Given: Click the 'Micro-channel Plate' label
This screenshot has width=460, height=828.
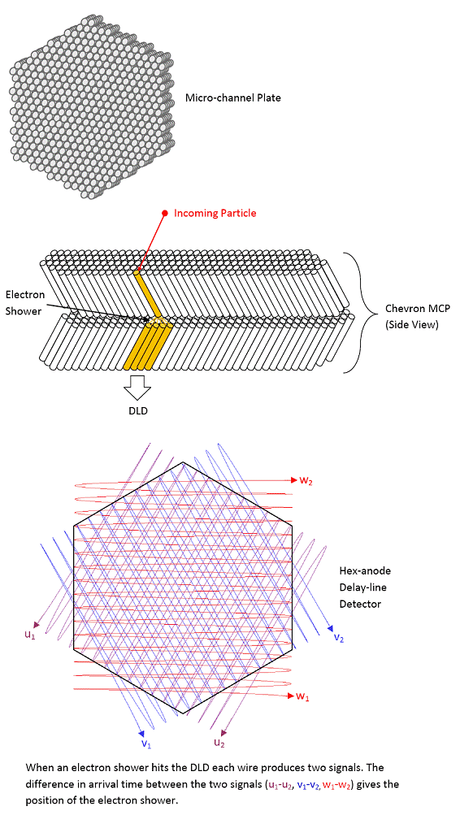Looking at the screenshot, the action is [x=233, y=98].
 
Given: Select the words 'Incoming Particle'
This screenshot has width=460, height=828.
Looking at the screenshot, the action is [x=215, y=214].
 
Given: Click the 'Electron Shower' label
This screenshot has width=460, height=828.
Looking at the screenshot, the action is [x=25, y=302].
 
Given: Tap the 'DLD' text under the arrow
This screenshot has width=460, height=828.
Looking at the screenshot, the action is [x=137, y=412].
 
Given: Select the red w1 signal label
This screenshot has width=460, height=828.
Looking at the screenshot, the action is [x=303, y=697].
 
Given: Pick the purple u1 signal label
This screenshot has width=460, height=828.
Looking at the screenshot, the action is [x=29, y=635].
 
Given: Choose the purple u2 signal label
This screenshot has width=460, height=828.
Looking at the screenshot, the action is [x=219, y=743].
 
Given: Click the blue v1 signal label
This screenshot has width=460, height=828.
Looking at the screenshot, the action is [x=145, y=744].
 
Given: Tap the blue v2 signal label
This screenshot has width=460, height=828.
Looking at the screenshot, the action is [x=339, y=638].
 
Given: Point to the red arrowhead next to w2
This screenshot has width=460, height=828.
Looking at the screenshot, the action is [x=294, y=480].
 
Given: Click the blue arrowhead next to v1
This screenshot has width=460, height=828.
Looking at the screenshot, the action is [x=141, y=732].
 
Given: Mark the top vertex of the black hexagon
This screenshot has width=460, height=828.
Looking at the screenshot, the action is [x=183, y=462].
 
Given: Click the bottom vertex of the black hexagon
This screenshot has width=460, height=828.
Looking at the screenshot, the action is [x=183, y=713].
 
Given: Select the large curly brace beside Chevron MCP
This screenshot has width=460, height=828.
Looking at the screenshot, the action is [x=356, y=312].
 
